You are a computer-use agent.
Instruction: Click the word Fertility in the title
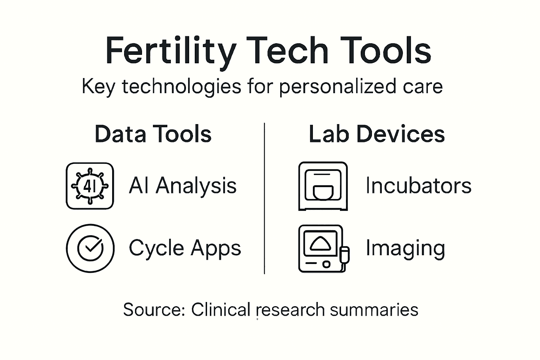point(171,51)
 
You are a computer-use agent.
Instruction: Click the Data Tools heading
point(153,134)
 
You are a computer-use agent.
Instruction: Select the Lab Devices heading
point(377,134)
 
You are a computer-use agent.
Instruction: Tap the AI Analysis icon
point(90,186)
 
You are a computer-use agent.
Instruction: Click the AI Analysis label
point(182,186)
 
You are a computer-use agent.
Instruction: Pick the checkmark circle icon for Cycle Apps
point(90,248)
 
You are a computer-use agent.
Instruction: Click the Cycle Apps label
point(185,248)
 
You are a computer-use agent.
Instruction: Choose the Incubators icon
point(323,186)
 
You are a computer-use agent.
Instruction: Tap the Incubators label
point(418,186)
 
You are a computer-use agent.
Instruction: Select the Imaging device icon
point(321,248)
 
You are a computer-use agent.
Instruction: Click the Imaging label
point(405,248)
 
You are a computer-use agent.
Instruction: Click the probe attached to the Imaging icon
point(345,256)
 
